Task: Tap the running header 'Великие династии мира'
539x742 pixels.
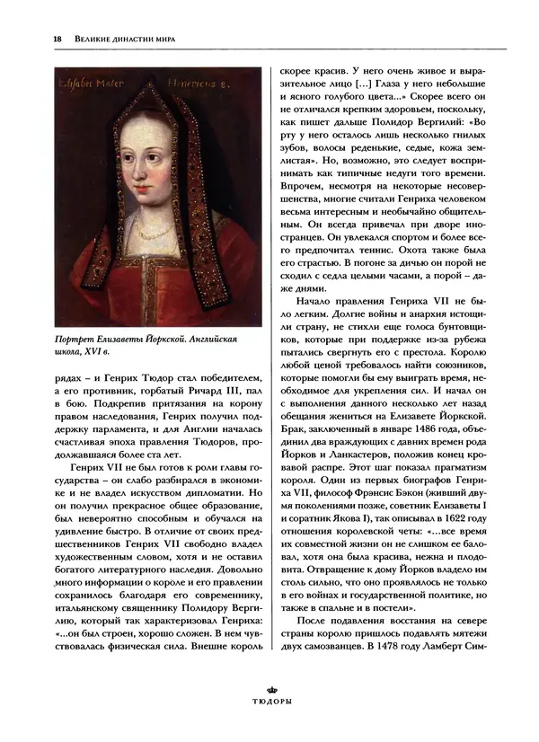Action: [x=112, y=38]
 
